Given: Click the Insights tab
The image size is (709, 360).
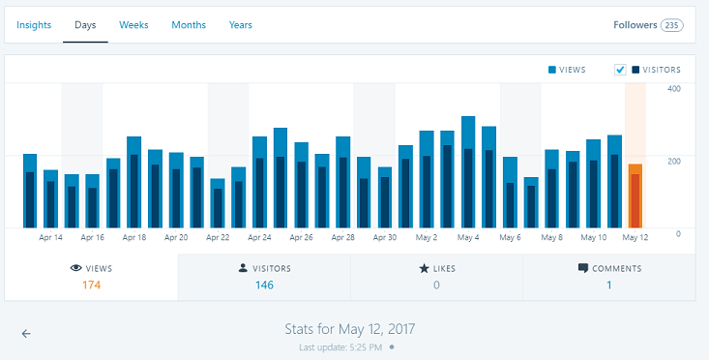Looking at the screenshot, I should (34, 25).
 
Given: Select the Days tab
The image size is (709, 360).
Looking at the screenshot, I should (85, 25).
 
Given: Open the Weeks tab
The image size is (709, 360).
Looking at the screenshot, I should (133, 25).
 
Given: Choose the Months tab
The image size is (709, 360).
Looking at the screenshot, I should (189, 25).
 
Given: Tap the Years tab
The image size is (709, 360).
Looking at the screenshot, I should (241, 25).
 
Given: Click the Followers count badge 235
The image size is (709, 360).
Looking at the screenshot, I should (671, 25).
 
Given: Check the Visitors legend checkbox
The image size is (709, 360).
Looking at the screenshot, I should (620, 70).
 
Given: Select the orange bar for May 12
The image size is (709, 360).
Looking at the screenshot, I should (635, 196).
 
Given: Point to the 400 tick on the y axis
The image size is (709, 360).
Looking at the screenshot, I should (673, 89).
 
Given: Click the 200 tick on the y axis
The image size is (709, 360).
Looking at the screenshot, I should (673, 160).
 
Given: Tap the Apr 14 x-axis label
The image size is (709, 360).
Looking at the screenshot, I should (51, 237).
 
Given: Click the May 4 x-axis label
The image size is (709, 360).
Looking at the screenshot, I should (468, 237).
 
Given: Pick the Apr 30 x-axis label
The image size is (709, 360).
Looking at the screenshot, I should (385, 237).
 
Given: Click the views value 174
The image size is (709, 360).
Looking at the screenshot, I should (91, 285).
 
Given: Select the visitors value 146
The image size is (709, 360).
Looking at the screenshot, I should (264, 285).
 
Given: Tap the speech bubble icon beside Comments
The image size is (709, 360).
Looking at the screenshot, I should (582, 268).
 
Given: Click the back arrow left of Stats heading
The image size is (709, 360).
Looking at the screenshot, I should (26, 333).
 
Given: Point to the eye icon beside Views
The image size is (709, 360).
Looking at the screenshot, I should (75, 268).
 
